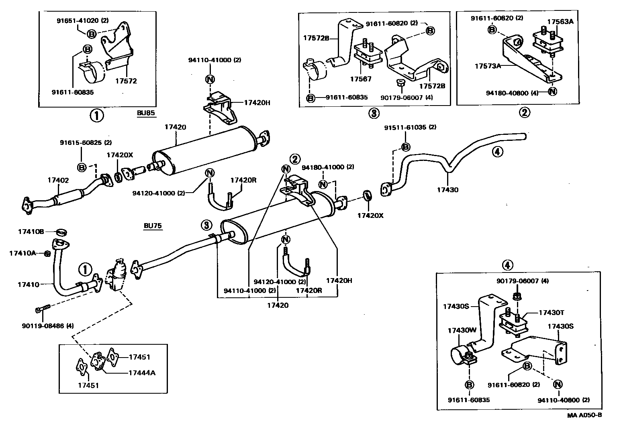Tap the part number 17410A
pyautogui.click(x=23, y=253)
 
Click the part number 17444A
pyautogui.click(x=142, y=373)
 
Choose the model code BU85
pyautogui.click(x=145, y=113)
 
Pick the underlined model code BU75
pyautogui.click(x=153, y=226)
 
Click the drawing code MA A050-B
pyautogui.click(x=584, y=415)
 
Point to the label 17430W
pyautogui.click(x=462, y=331)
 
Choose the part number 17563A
pyautogui.click(x=560, y=22)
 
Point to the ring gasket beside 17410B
pyautogui.click(x=61, y=232)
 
